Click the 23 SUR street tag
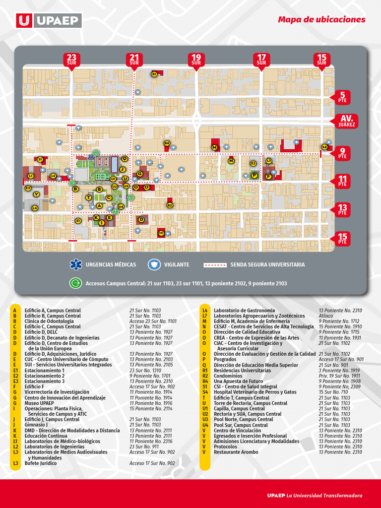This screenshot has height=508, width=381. pyautogui.click(x=72, y=60)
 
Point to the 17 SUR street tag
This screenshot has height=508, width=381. pyautogui.click(x=261, y=60)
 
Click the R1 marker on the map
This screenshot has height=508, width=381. pyautogui.click(x=154, y=74)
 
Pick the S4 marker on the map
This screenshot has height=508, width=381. pyautogui.click(x=324, y=147)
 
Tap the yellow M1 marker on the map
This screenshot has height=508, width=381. pyautogui.click(x=161, y=233)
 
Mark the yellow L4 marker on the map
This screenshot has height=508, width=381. pyautogui.click(x=35, y=208)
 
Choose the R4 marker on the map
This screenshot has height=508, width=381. pyautogui.click(x=167, y=143)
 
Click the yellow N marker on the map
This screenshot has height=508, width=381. pyautogui.click(x=231, y=161)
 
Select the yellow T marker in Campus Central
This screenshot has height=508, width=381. pyautogui.click(x=89, y=197)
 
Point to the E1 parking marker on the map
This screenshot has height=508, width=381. pyautogui.click(x=78, y=220)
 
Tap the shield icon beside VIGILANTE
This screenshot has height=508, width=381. pyautogui.click(x=154, y=264)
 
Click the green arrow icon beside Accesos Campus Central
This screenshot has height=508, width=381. pyautogui.click(x=76, y=283)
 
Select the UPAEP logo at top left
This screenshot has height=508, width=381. pyautogui.click(x=49, y=20)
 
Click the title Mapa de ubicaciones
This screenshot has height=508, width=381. pyautogui.click(x=321, y=20)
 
